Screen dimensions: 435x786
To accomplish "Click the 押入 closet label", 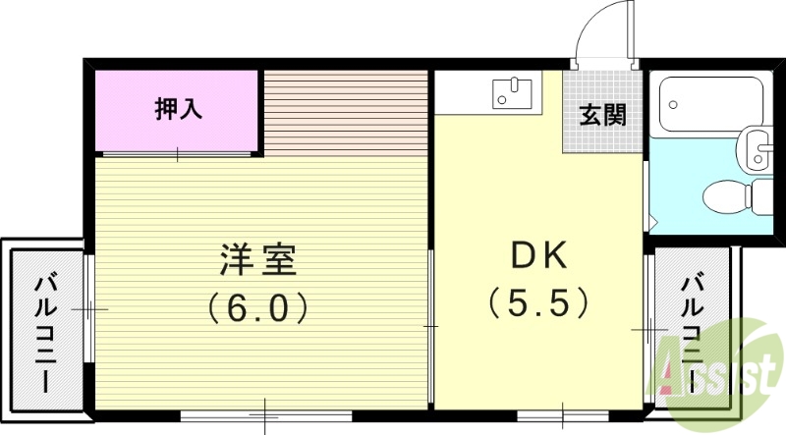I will pyautogui.click(x=179, y=109).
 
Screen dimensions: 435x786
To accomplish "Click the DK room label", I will pyautogui.click(x=538, y=257).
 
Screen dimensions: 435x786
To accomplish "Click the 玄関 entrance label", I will pyautogui.click(x=602, y=116).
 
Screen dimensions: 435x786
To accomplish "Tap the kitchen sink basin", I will pyautogui.click(x=512, y=94).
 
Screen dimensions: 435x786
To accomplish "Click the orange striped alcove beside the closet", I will pyautogui.click(x=346, y=111).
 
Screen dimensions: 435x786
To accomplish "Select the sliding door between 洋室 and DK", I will pyautogui.click(x=432, y=324).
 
